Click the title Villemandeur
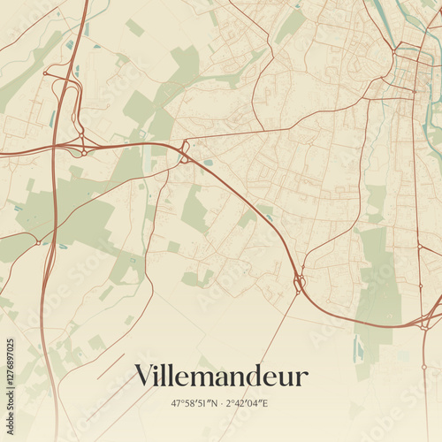(221, 377)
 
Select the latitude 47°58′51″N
(195, 403)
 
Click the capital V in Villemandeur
(145, 377)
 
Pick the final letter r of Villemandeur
(302, 378)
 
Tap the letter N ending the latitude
(217, 403)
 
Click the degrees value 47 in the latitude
(177, 403)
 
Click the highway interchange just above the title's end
(299, 284)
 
